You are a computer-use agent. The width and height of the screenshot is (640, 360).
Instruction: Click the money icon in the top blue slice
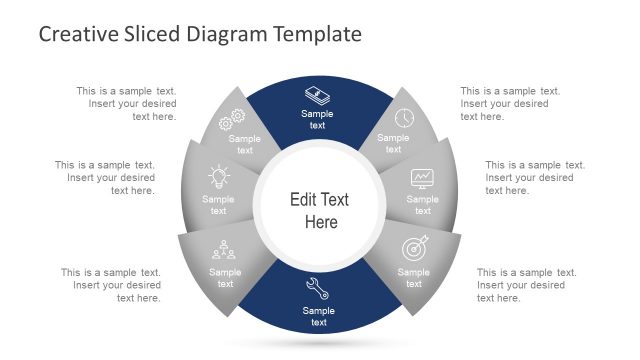point(317,96)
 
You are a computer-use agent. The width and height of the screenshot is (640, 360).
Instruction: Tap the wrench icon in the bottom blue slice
point(317,289)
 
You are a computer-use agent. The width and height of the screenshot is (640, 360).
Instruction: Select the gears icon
point(232,120)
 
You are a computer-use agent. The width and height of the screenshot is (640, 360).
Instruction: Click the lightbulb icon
point(218,178)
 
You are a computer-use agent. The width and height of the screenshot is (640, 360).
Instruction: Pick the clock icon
point(403,118)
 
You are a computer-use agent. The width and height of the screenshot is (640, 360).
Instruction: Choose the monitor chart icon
point(422,179)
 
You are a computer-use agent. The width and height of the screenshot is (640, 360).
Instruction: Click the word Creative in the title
point(76,34)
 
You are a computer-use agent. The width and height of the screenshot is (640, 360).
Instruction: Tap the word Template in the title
point(312,34)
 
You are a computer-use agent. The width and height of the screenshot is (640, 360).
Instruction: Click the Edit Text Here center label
point(319,210)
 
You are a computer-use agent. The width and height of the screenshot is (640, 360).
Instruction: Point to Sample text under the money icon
point(317,120)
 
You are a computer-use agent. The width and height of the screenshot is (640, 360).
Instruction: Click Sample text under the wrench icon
point(317,316)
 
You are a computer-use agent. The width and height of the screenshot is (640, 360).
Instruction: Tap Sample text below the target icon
point(413,278)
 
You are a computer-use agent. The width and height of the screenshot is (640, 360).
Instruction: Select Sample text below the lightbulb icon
point(218,205)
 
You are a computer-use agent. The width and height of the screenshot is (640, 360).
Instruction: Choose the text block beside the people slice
point(111,285)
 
